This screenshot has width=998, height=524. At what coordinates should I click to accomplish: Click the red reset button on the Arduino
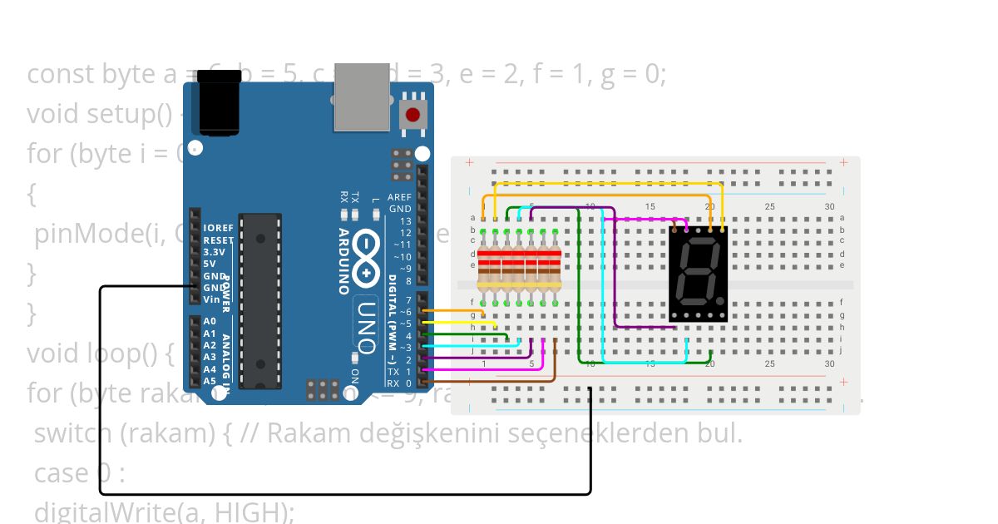click(413, 115)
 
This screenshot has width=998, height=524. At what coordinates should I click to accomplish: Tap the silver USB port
click(362, 97)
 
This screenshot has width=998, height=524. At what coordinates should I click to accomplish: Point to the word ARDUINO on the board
click(343, 261)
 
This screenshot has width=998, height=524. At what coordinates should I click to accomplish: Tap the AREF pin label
click(399, 197)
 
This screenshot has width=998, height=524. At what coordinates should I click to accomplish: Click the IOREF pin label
click(219, 228)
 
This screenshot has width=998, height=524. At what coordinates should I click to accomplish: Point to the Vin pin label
click(213, 299)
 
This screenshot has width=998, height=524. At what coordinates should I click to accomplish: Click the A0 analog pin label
click(210, 321)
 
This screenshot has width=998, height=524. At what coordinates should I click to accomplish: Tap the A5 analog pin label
click(210, 381)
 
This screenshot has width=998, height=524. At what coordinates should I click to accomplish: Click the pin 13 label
click(405, 221)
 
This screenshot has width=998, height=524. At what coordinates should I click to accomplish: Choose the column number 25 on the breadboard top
click(769, 206)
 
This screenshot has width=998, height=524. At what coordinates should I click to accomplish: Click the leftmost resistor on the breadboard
click(484, 264)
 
